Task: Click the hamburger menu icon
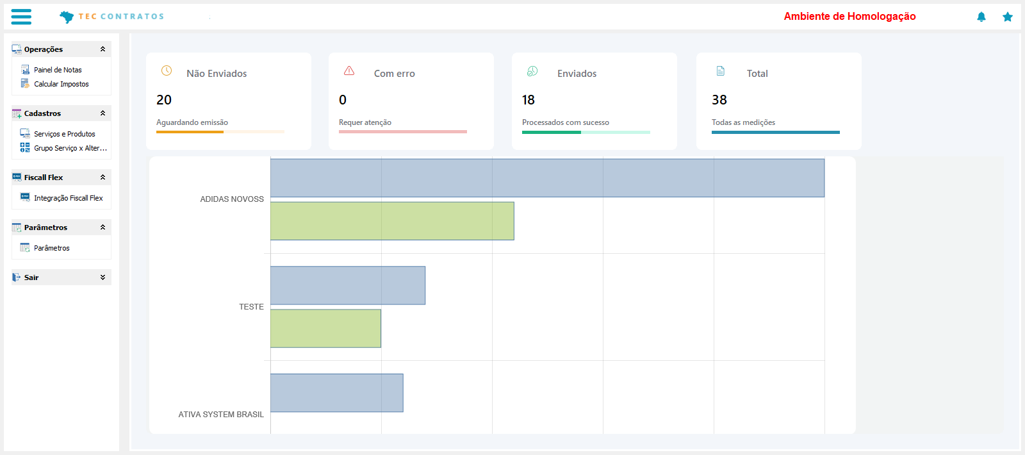pyautogui.click(x=21, y=17)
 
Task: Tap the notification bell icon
pyautogui.click(x=981, y=17)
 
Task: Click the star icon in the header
pyautogui.click(x=1008, y=17)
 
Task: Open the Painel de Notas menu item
pyautogui.click(x=58, y=70)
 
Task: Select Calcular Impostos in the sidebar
pyautogui.click(x=61, y=84)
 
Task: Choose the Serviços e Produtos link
pyautogui.click(x=64, y=134)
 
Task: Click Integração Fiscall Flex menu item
pyautogui.click(x=68, y=198)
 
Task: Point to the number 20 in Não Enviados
pyautogui.click(x=164, y=100)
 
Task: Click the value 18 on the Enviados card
pyautogui.click(x=529, y=100)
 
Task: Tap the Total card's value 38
pyautogui.click(x=719, y=100)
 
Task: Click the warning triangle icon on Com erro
pyautogui.click(x=349, y=70)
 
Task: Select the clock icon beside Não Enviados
pyautogui.click(x=167, y=70)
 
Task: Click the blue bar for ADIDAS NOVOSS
pyautogui.click(x=547, y=178)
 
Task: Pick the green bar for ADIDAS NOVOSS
pyautogui.click(x=392, y=221)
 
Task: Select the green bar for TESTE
pyautogui.click(x=325, y=329)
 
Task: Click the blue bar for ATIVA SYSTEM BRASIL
pyautogui.click(x=337, y=393)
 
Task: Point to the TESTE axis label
pyautogui.click(x=251, y=307)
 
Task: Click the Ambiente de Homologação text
pyautogui.click(x=849, y=17)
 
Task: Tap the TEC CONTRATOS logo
pyautogui.click(x=112, y=17)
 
